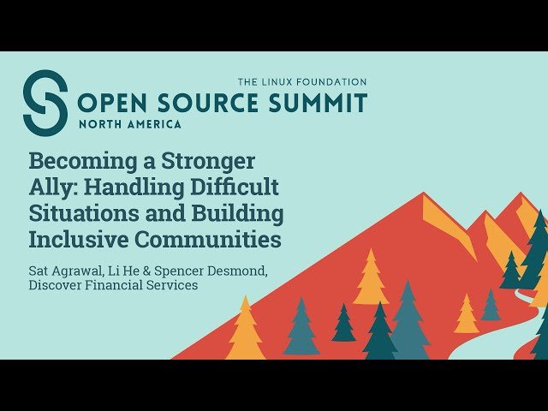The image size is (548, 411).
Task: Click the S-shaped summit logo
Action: [x=45, y=103]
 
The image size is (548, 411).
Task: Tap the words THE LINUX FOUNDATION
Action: [x=302, y=81]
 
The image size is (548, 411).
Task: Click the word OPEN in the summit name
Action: [x=113, y=104]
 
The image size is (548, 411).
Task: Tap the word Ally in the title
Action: [x=51, y=187]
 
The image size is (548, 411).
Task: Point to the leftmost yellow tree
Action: [x=246, y=330]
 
